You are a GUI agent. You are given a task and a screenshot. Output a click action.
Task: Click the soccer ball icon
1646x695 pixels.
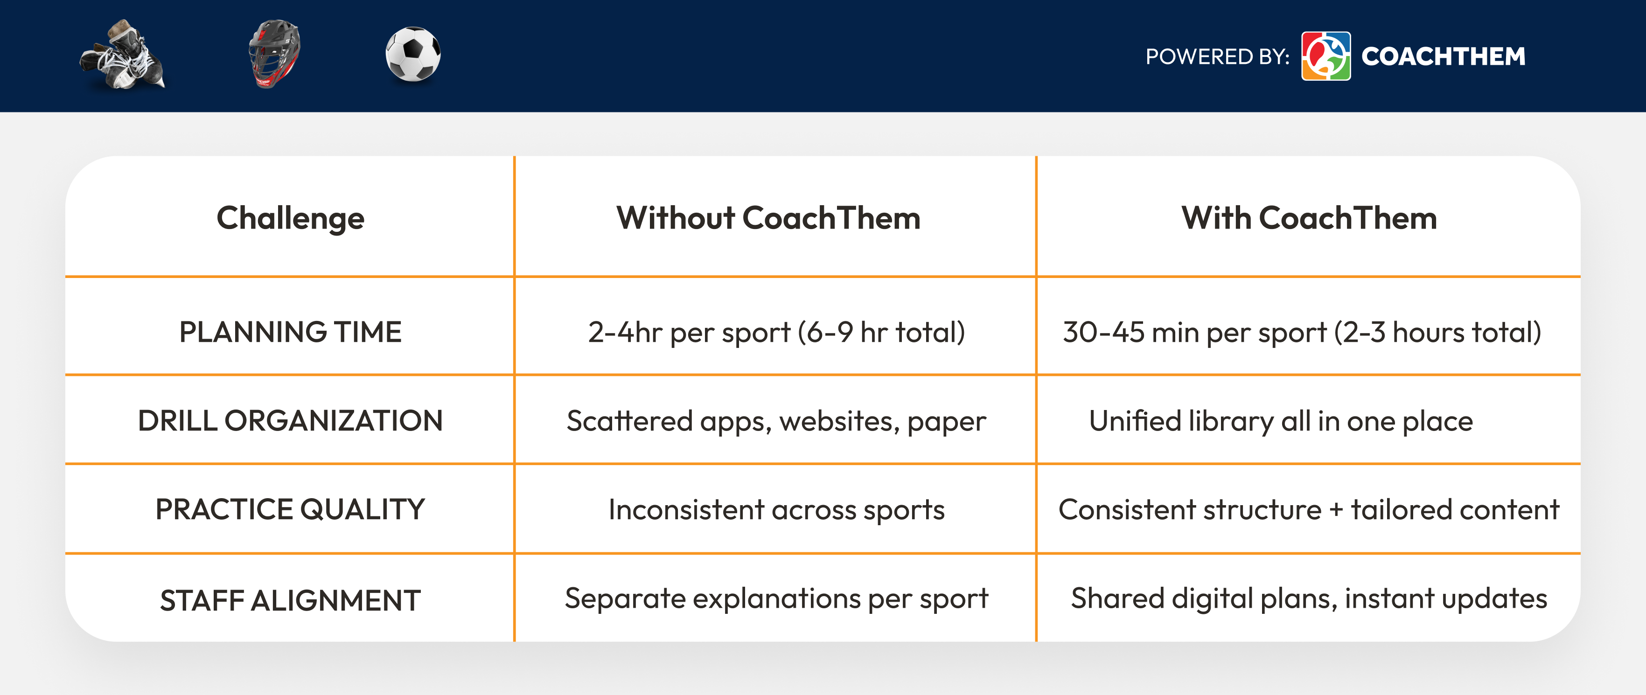413,54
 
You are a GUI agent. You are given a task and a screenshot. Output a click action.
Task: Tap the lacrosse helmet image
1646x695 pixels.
275,54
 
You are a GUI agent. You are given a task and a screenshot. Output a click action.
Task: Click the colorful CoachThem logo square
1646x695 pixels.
1326,56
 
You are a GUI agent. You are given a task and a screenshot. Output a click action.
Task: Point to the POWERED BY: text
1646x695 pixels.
1217,57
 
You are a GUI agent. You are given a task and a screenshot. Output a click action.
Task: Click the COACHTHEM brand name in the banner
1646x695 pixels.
1443,57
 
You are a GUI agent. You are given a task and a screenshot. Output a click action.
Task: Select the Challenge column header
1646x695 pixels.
290,218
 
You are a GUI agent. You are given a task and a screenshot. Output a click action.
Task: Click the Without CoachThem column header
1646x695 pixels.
768,218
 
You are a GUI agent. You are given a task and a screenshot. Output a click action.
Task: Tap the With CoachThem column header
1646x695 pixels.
1309,218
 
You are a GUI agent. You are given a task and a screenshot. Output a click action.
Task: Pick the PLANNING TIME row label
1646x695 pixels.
290,332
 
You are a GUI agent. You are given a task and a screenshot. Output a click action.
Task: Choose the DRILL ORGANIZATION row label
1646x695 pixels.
290,421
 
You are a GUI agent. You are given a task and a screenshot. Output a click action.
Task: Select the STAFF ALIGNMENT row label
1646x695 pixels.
290,600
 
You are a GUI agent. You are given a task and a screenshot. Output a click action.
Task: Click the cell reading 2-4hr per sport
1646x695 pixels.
776,332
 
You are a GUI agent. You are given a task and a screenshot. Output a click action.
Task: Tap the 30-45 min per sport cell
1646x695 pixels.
1302,332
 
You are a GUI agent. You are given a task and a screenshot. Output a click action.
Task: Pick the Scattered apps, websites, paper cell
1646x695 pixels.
776,421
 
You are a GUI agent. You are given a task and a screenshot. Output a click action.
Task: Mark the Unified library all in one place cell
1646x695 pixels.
1281,421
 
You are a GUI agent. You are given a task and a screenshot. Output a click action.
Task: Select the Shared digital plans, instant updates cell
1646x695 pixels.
1309,598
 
